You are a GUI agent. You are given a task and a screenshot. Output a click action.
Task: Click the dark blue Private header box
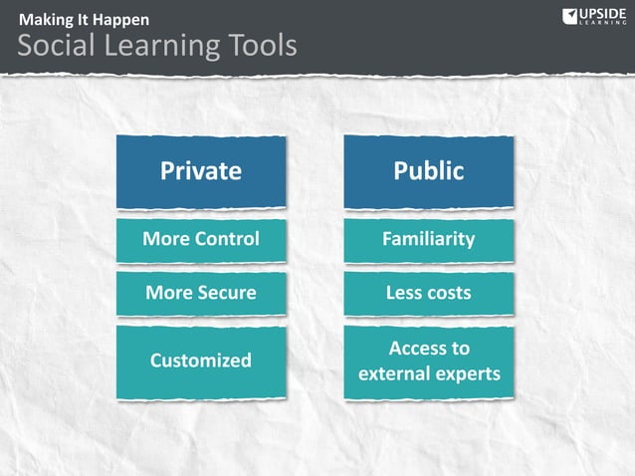click(201, 171)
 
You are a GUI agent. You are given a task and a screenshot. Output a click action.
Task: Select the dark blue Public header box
click(429, 171)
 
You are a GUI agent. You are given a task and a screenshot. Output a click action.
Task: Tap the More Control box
click(201, 239)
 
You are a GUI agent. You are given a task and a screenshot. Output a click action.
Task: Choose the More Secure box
click(201, 293)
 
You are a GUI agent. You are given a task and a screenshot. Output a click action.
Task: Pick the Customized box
click(201, 360)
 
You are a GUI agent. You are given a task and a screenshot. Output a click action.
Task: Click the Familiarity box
click(429, 239)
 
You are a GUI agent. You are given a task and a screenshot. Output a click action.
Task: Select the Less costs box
click(429, 293)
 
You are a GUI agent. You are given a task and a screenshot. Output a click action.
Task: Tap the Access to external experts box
click(429, 361)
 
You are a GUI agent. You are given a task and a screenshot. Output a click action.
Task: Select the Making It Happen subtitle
click(84, 19)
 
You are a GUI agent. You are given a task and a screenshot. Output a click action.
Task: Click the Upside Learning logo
click(594, 17)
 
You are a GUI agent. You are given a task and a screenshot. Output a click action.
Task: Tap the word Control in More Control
click(226, 239)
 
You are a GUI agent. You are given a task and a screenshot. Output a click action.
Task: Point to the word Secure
click(224, 293)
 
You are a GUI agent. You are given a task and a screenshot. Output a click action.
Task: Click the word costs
click(448, 293)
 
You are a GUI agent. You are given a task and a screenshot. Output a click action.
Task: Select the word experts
click(471, 375)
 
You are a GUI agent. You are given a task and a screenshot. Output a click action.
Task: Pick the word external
click(396, 375)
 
